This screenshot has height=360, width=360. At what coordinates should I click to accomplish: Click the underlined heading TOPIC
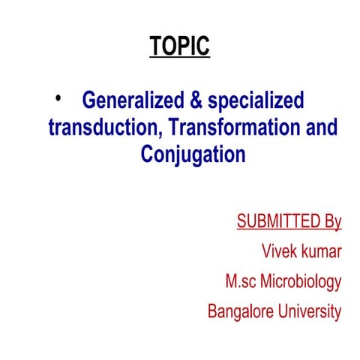click(179, 46)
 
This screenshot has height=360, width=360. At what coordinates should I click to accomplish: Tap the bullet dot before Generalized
click(59, 96)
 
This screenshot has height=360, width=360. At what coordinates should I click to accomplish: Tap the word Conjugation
click(193, 155)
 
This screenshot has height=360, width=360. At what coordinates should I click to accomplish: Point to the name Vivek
click(279, 251)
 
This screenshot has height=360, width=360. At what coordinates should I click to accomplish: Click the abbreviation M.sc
click(243, 282)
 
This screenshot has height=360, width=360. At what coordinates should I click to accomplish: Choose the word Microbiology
click(304, 283)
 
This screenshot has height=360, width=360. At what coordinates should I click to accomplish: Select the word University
click(307, 311)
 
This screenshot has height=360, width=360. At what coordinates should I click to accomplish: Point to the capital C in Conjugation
click(146, 154)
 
